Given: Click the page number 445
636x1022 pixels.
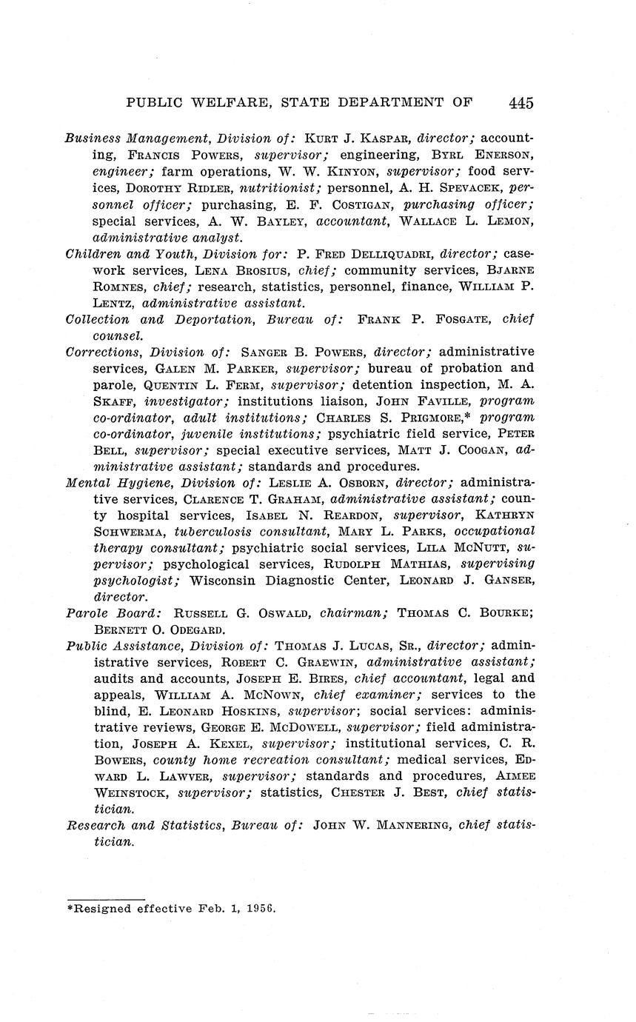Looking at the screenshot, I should tap(521, 103).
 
